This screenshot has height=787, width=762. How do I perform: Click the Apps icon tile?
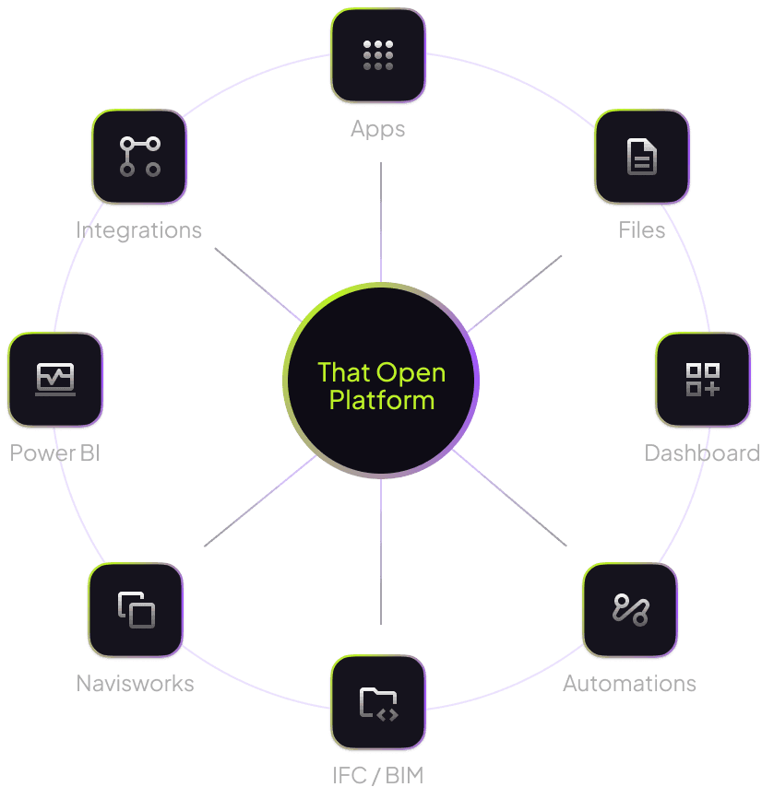pos(378,55)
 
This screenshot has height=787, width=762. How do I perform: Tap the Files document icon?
pos(641,157)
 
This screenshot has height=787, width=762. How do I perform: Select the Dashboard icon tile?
pos(703,380)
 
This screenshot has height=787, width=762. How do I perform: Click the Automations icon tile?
pos(630,610)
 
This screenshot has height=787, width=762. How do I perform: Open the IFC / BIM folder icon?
pos(379,703)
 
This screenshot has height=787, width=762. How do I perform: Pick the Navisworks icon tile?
pos(136,610)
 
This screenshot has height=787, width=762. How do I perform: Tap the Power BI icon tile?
pos(55,380)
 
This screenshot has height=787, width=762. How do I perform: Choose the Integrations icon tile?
pos(139,157)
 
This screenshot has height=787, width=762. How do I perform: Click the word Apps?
pos(377,130)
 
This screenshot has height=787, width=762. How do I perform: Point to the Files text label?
pos(641,230)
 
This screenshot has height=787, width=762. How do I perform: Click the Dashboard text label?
pos(702,452)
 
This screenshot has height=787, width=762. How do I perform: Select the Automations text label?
pos(629,684)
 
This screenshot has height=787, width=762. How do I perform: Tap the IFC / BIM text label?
pos(377,775)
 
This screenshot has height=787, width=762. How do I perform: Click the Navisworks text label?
pos(135,684)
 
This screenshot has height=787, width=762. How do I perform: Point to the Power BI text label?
pos(54,452)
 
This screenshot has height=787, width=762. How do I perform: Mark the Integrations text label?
pos(138,230)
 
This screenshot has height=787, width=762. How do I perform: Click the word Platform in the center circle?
pos(382,401)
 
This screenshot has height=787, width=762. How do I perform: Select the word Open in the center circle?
pos(411,373)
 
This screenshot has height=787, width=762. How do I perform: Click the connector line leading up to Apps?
pos(381,222)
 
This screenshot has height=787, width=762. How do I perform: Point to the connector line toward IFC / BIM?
pos(381,552)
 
